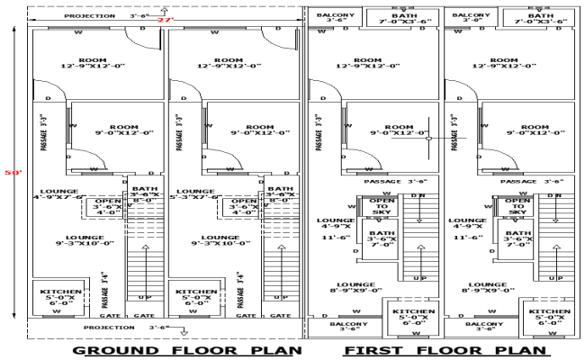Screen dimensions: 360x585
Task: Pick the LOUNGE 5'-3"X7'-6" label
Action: [x=195, y=194]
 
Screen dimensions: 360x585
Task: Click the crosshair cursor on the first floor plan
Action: [x=429, y=138]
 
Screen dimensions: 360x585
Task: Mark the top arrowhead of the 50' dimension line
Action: [x=14, y=28]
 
